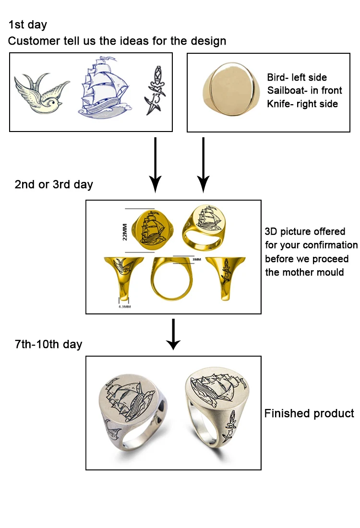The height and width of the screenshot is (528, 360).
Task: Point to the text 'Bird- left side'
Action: point(297,77)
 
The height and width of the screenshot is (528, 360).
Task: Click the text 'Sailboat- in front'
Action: point(304,90)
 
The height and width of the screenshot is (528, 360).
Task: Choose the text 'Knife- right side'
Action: point(302,103)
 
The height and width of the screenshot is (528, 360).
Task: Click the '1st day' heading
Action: point(27,24)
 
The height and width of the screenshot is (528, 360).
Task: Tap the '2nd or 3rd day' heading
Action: point(54,184)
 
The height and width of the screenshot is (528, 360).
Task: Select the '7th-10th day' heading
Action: point(48,344)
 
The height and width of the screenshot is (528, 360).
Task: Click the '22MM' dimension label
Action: point(126,230)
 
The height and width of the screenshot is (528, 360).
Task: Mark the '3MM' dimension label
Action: point(196,259)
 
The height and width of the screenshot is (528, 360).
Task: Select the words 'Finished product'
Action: point(309,413)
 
